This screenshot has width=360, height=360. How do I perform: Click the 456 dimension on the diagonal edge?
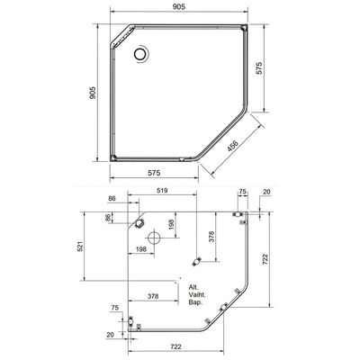[x=232, y=145]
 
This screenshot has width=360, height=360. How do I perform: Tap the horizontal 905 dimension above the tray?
[x=179, y=6]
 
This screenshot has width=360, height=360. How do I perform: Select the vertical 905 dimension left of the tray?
[x=93, y=93]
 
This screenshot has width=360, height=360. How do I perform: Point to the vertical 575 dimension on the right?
[x=259, y=68]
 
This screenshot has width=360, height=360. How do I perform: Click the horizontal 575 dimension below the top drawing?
[x=154, y=173]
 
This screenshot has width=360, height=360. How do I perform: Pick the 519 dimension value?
[x=162, y=191]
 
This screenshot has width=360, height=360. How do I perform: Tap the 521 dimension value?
[x=80, y=246]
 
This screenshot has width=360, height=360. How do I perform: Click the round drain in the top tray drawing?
[x=139, y=54]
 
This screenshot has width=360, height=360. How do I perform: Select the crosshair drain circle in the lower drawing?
[x=154, y=238]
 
